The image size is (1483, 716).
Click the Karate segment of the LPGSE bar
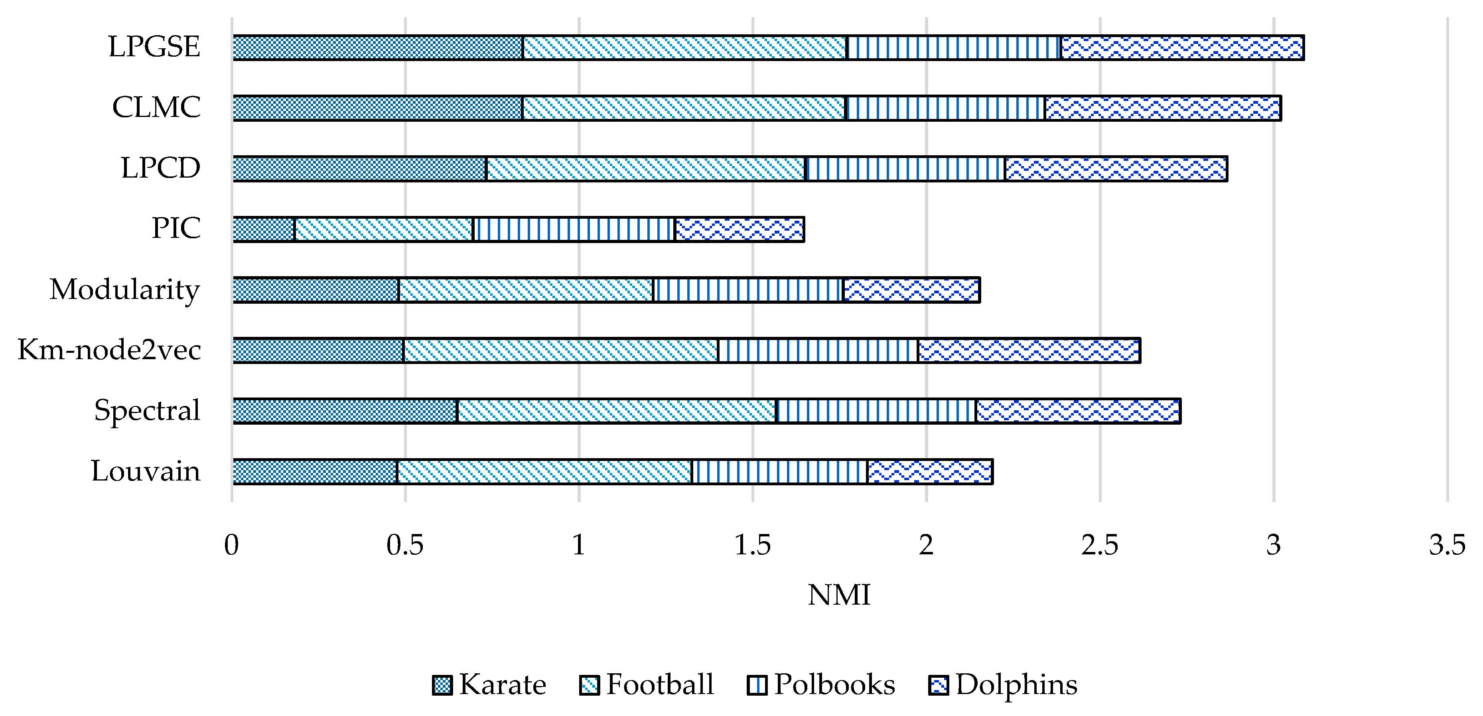[378, 47]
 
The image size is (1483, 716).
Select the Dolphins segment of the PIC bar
[739, 229]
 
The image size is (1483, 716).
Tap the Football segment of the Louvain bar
[544, 472]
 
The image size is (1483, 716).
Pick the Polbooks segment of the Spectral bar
[876, 411]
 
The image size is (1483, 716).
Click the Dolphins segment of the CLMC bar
[1163, 108]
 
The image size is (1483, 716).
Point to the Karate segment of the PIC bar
[264, 229]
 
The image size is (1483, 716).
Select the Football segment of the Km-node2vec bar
[561, 351]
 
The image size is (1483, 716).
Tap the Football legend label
[660, 684]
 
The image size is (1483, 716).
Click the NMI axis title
[839, 595]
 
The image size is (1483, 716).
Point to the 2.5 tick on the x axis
[1100, 545]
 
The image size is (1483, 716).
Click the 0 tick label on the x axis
[231, 545]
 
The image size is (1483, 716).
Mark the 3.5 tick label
[1447, 545]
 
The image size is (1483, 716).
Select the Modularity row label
[125, 289]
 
